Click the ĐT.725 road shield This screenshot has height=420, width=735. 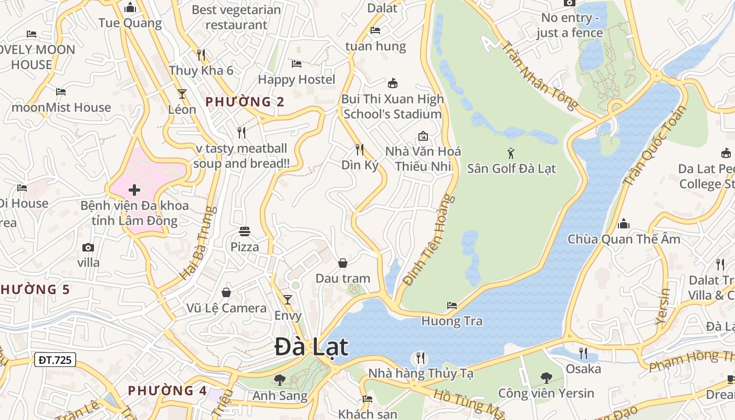pyautogui.click(x=55, y=360)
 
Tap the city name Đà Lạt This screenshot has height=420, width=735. pyautogui.click(x=311, y=347)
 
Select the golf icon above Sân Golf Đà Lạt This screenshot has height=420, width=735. pyautogui.click(x=511, y=153)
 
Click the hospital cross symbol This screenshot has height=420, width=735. pyautogui.click(x=134, y=190)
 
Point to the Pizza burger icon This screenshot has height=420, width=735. pyautogui.click(x=244, y=231)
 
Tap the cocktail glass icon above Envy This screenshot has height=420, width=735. pyautogui.click(x=288, y=300)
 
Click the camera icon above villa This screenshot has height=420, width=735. pyautogui.click(x=88, y=247)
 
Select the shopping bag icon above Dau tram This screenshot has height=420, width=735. pyautogui.click(x=343, y=262)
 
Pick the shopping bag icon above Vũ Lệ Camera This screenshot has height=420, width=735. pyautogui.click(x=226, y=292)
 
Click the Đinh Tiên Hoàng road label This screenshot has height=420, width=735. pyautogui.click(x=429, y=241)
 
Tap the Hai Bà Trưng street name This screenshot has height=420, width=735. pyautogui.click(x=198, y=243)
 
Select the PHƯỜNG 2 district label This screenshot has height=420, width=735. pyautogui.click(x=245, y=102)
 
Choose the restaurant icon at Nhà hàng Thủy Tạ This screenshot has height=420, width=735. pyautogui.click(x=420, y=358)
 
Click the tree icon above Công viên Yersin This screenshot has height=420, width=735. pyautogui.click(x=547, y=377)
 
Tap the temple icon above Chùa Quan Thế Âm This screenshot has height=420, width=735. pyautogui.click(x=624, y=224)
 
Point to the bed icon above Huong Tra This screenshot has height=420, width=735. pyautogui.click(x=452, y=305)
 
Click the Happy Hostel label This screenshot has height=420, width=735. pyautogui.click(x=297, y=79)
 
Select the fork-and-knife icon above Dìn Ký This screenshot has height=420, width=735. pyautogui.click(x=360, y=150)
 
